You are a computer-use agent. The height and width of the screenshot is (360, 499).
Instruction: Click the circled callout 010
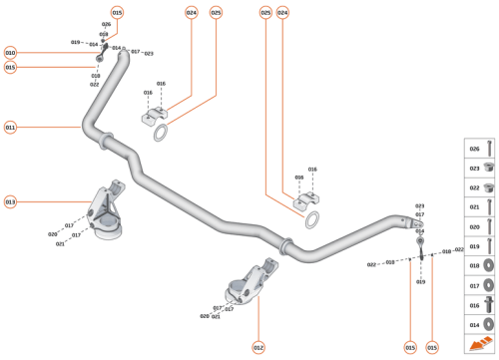(10, 52)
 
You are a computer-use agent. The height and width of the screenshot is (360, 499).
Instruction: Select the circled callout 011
(10, 128)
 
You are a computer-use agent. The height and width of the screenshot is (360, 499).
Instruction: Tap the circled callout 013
(10, 202)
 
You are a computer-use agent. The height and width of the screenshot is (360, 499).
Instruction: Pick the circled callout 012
(257, 347)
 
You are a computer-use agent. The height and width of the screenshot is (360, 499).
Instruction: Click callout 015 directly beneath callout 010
(10, 67)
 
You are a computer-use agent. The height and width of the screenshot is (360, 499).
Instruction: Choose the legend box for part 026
(482, 149)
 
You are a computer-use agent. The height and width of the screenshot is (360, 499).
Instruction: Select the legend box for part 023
(482, 168)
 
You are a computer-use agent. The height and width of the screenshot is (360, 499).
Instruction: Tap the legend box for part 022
(482, 187)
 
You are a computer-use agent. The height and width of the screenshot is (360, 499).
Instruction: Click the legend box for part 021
(482, 207)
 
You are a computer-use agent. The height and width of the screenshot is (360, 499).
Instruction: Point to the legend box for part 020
(482, 226)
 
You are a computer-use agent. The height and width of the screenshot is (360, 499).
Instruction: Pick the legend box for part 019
(482, 246)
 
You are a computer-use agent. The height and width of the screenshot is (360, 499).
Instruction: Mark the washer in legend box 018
(489, 266)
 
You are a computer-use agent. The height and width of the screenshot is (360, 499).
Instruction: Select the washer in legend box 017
(489, 285)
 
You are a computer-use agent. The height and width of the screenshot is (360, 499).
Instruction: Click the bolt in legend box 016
(489, 305)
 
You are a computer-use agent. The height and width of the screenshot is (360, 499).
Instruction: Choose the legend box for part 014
(482, 324)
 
